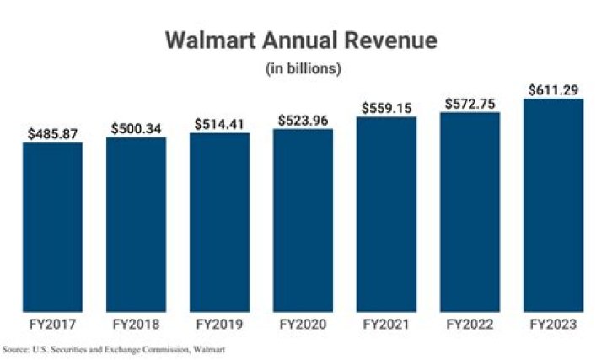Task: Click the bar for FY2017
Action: [x=52, y=228]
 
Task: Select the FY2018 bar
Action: [x=137, y=224]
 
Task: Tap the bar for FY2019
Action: [x=219, y=223]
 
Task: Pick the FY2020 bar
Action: [x=303, y=220]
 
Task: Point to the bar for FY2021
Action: [x=386, y=214]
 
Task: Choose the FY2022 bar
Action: [x=470, y=212]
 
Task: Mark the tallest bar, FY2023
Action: [x=553, y=205]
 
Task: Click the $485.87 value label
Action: [x=52, y=134]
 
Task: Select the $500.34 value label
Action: [x=137, y=128]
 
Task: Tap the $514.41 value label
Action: [x=219, y=124]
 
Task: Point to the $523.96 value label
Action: [x=303, y=121]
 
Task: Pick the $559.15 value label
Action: [x=387, y=108]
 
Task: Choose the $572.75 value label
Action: [x=470, y=104]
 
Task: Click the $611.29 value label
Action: [x=554, y=90]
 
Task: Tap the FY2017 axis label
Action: [x=52, y=324]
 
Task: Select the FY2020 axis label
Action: [x=303, y=324]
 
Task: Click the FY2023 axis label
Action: [x=553, y=324]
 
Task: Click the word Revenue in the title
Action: [x=391, y=40]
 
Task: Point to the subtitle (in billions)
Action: [x=303, y=68]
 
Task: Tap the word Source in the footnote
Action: [x=15, y=350]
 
